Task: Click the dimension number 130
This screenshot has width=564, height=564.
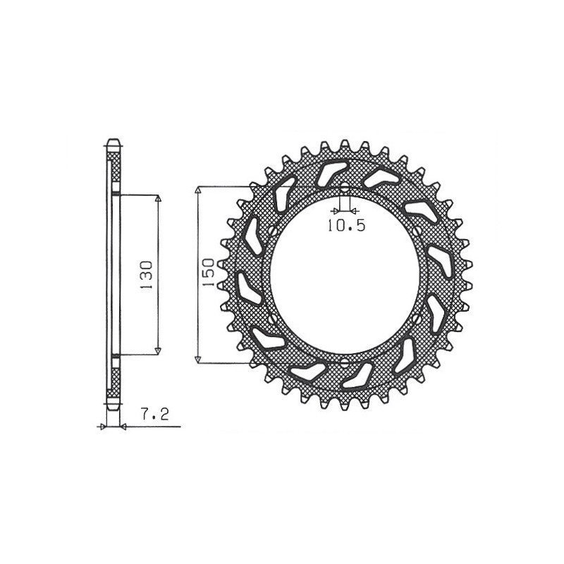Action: (x=147, y=274)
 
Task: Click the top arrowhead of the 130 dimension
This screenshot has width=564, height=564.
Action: (x=158, y=199)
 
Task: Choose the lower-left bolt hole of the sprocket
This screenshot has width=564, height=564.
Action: (x=272, y=320)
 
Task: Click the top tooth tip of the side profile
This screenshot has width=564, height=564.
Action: (x=113, y=141)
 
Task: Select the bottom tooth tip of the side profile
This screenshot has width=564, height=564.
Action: (x=113, y=407)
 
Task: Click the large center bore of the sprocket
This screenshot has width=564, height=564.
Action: (x=345, y=275)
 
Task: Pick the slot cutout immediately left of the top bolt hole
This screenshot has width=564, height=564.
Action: (x=330, y=173)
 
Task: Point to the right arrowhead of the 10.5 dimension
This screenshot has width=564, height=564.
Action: (x=354, y=211)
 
